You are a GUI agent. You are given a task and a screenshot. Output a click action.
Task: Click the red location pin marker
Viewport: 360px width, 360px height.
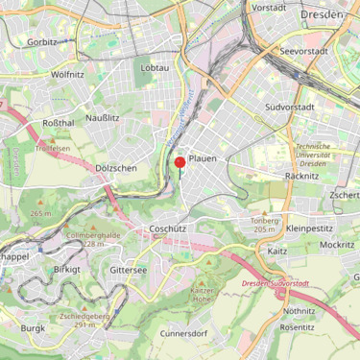tap(180, 164)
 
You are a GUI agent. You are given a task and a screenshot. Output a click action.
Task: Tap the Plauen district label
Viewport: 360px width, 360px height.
tap(203, 157)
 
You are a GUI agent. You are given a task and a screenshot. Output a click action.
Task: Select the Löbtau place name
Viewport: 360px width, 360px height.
tap(155, 68)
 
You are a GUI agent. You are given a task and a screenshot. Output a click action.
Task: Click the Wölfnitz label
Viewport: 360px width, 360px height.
tap(67, 73)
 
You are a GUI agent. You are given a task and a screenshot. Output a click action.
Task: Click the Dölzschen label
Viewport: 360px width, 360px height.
tap(116, 168)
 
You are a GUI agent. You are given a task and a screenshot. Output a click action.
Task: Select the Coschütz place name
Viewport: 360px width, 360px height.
tap(168, 228)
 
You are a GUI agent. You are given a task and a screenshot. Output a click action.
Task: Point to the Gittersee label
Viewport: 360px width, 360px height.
tap(129, 270)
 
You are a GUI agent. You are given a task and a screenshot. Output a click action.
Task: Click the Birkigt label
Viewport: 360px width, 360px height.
tap(67, 270)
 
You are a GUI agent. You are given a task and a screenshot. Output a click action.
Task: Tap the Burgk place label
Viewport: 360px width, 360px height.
tap(33, 328)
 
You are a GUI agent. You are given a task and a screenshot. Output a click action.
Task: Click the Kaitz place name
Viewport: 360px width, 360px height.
tap(277, 251)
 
